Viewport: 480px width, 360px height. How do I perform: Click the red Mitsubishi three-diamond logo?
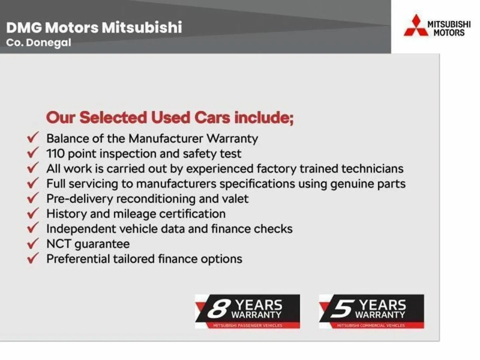(x=415, y=26)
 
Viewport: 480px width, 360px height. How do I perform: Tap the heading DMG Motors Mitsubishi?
(x=94, y=28)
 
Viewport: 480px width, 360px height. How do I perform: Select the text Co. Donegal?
(x=39, y=43)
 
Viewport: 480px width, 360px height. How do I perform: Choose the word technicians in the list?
(x=372, y=168)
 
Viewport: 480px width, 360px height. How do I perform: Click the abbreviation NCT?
(x=58, y=244)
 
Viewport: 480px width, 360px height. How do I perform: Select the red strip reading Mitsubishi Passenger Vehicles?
(x=248, y=326)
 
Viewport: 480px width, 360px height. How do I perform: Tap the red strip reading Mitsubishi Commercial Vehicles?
(x=372, y=326)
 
